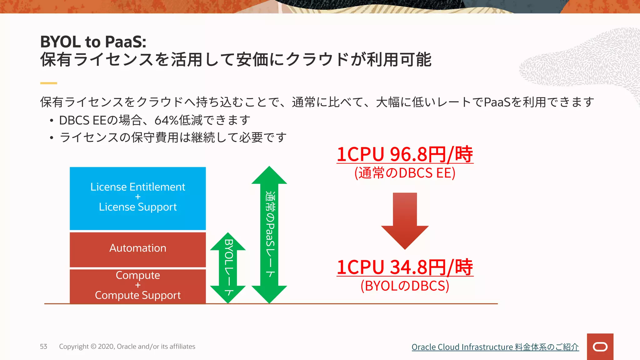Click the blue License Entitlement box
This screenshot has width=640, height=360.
click(x=137, y=198)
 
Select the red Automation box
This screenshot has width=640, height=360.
click(x=137, y=249)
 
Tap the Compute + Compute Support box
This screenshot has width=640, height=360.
click(x=137, y=286)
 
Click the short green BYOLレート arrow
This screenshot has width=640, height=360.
click(x=228, y=268)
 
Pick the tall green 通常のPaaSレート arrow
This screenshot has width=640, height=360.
click(x=269, y=234)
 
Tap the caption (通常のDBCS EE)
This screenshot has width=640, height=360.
click(x=405, y=173)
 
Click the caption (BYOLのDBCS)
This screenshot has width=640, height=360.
click(x=405, y=286)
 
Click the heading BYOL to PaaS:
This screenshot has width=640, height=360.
click(x=93, y=42)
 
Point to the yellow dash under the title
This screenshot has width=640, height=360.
click(x=48, y=83)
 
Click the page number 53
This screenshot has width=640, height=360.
click(x=43, y=346)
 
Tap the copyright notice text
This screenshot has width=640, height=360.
click(x=127, y=346)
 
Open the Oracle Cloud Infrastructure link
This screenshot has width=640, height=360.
click(x=495, y=347)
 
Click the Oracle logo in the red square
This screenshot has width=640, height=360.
click(x=600, y=347)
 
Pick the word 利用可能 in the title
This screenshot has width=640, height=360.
click(x=399, y=59)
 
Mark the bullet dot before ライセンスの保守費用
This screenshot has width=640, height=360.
click(x=52, y=137)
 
